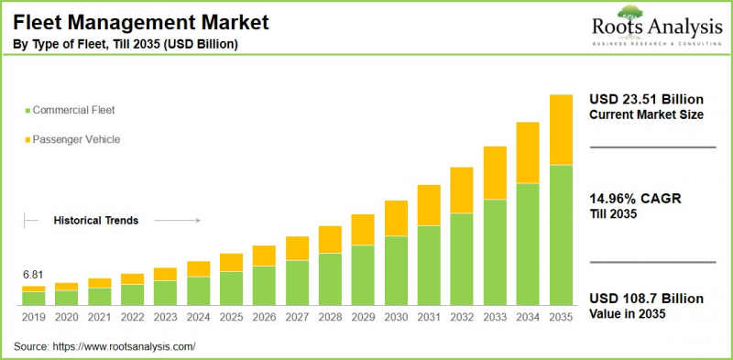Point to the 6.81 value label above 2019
(34, 275)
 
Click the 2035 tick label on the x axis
(560, 317)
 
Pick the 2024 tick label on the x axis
(198, 317)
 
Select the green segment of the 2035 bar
(560, 235)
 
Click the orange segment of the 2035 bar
(560, 130)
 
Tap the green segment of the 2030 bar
(396, 270)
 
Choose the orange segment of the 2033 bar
(495, 173)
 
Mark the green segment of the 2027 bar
(297, 282)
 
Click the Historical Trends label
(96, 221)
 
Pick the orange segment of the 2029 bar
(363, 229)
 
